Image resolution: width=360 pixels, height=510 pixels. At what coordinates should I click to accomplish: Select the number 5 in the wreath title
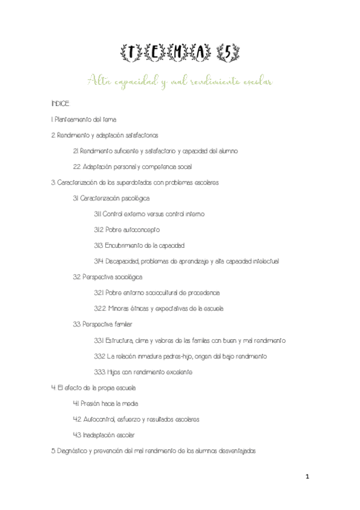click(231, 55)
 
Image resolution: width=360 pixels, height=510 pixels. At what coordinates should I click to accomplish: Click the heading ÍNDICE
click(61, 103)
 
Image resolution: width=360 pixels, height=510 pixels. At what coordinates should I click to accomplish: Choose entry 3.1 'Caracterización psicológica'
click(112, 198)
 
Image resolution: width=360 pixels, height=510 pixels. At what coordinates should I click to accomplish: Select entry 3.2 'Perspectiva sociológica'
click(108, 277)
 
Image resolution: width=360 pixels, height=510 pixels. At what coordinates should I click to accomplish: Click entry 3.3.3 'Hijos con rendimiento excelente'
click(143, 372)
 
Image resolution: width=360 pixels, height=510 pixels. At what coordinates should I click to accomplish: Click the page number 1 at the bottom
click(307, 478)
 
